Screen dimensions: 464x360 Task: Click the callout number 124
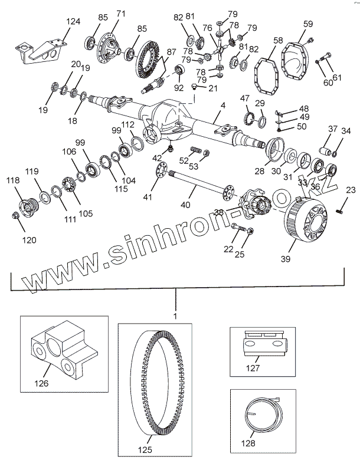point(73,22)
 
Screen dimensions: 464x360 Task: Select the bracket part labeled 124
point(41,50)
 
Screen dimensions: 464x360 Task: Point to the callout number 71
point(121,14)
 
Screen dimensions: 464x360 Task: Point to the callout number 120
point(29,240)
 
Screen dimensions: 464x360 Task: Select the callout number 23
point(351,190)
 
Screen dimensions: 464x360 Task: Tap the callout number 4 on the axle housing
point(223,106)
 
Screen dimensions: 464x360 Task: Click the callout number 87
point(171,52)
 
